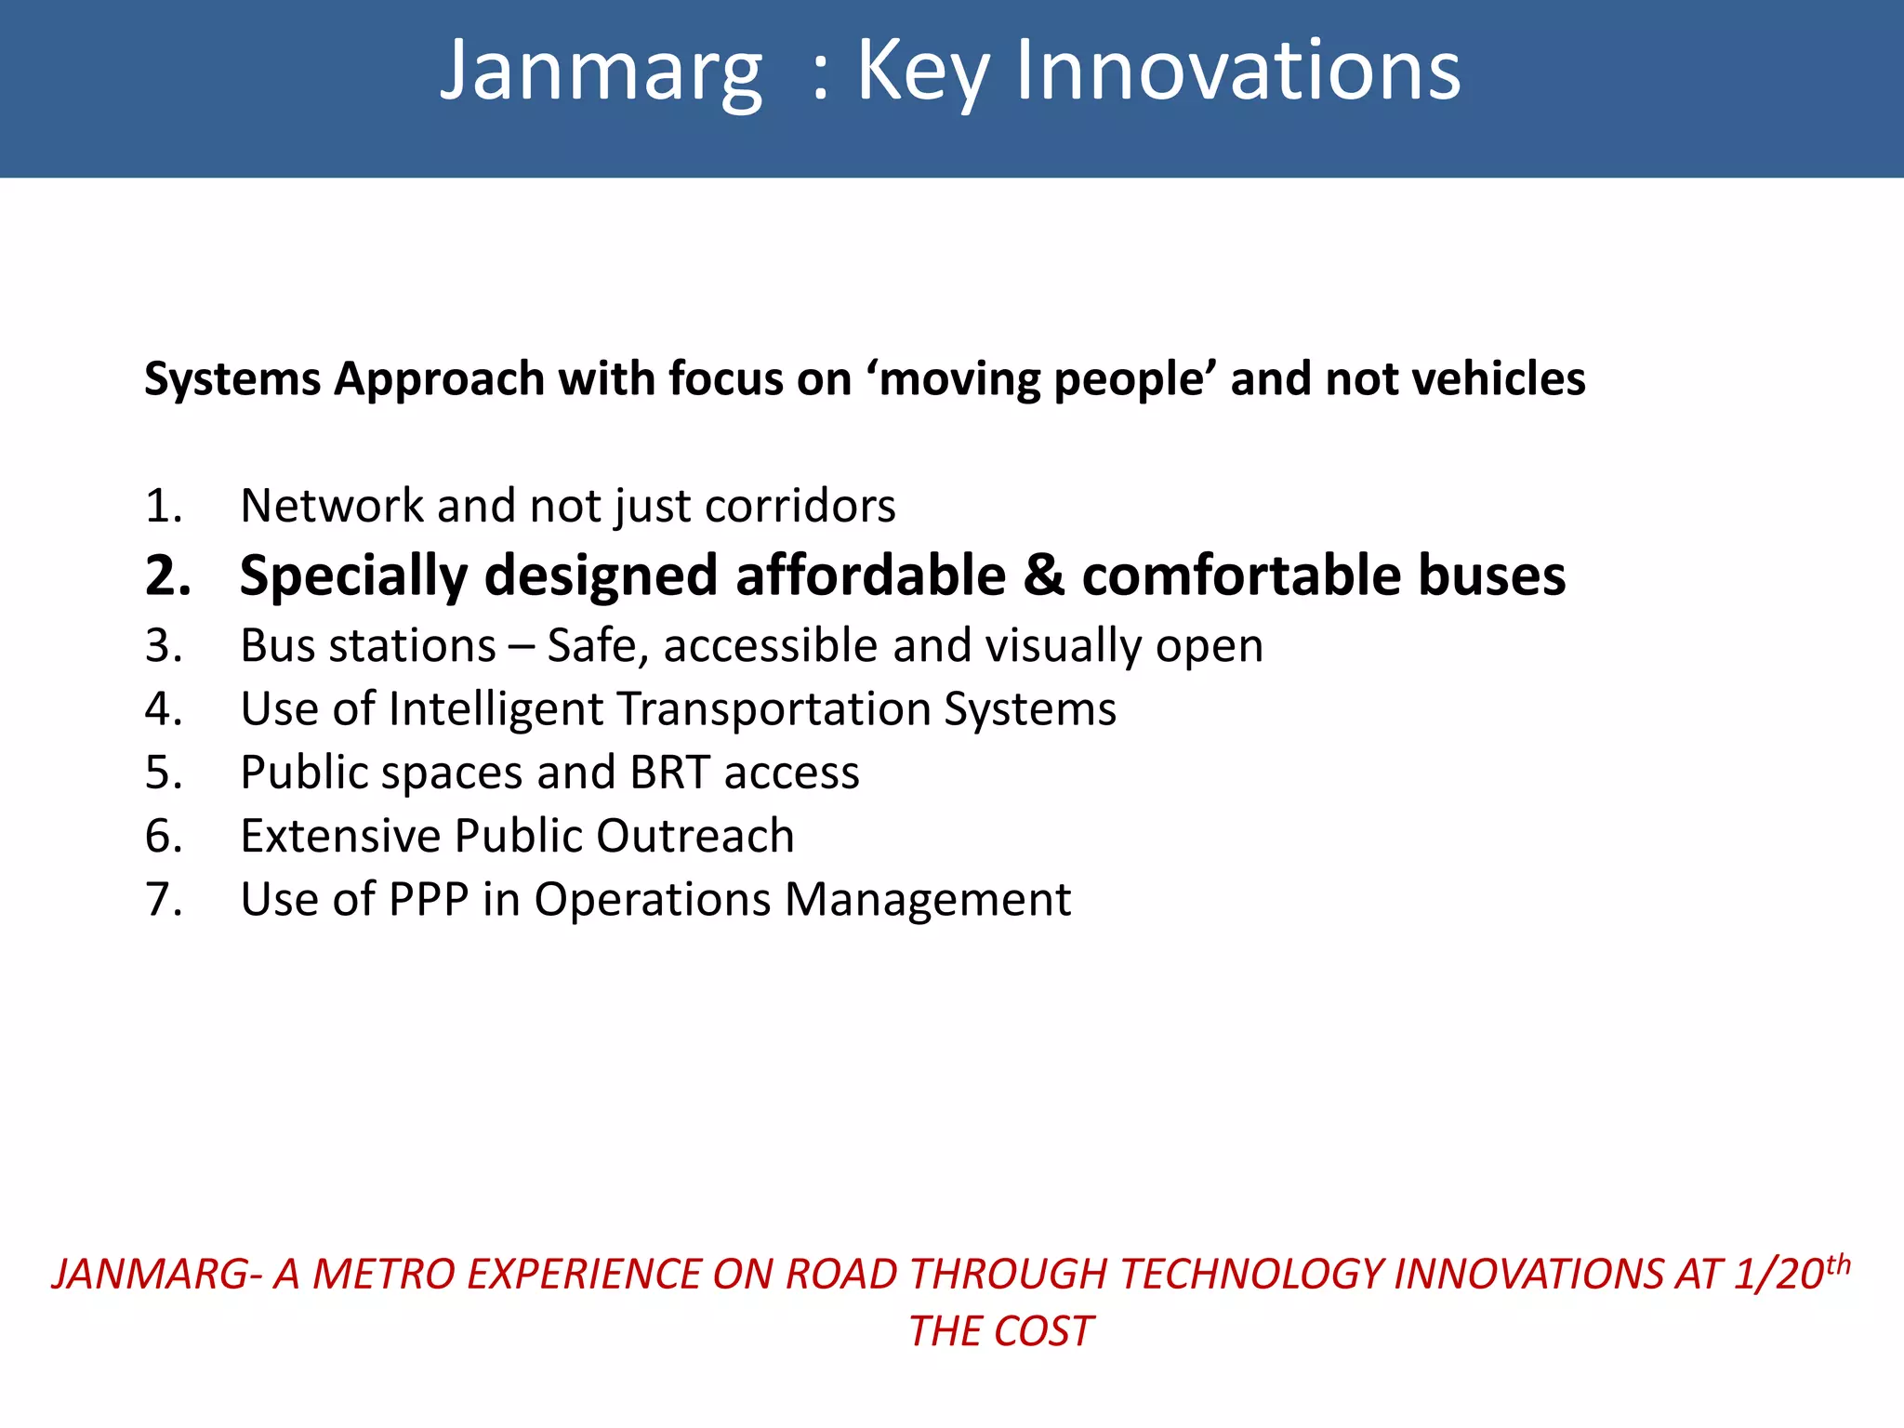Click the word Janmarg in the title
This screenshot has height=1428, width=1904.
tap(601, 73)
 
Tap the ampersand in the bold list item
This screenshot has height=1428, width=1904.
tap(1043, 575)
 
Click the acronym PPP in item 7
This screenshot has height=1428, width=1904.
tap(429, 900)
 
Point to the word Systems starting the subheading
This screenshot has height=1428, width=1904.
tap(232, 379)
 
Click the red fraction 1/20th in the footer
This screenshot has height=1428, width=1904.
tap(1791, 1273)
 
